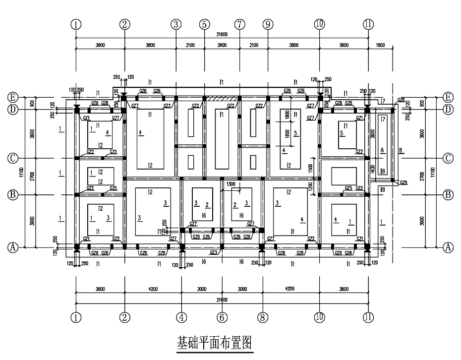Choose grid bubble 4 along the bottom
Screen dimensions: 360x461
pyautogui.click(x=182, y=317)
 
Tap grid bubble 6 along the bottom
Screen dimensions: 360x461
pyautogui.click(x=222, y=317)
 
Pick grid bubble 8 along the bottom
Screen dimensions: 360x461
pyautogui.click(x=262, y=317)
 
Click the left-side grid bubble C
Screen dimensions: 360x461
pyautogui.click(x=13, y=159)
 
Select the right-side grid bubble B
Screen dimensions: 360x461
pyautogui.click(x=448, y=194)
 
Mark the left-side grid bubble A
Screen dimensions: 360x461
pyautogui.click(x=13, y=246)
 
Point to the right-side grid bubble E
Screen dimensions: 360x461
pyautogui.click(x=448, y=97)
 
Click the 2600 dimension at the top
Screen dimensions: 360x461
pyautogui.click(x=222, y=45)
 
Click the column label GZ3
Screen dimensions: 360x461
pyautogui.click(x=214, y=252)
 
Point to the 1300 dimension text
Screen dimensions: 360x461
pyautogui.click(x=231, y=184)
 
